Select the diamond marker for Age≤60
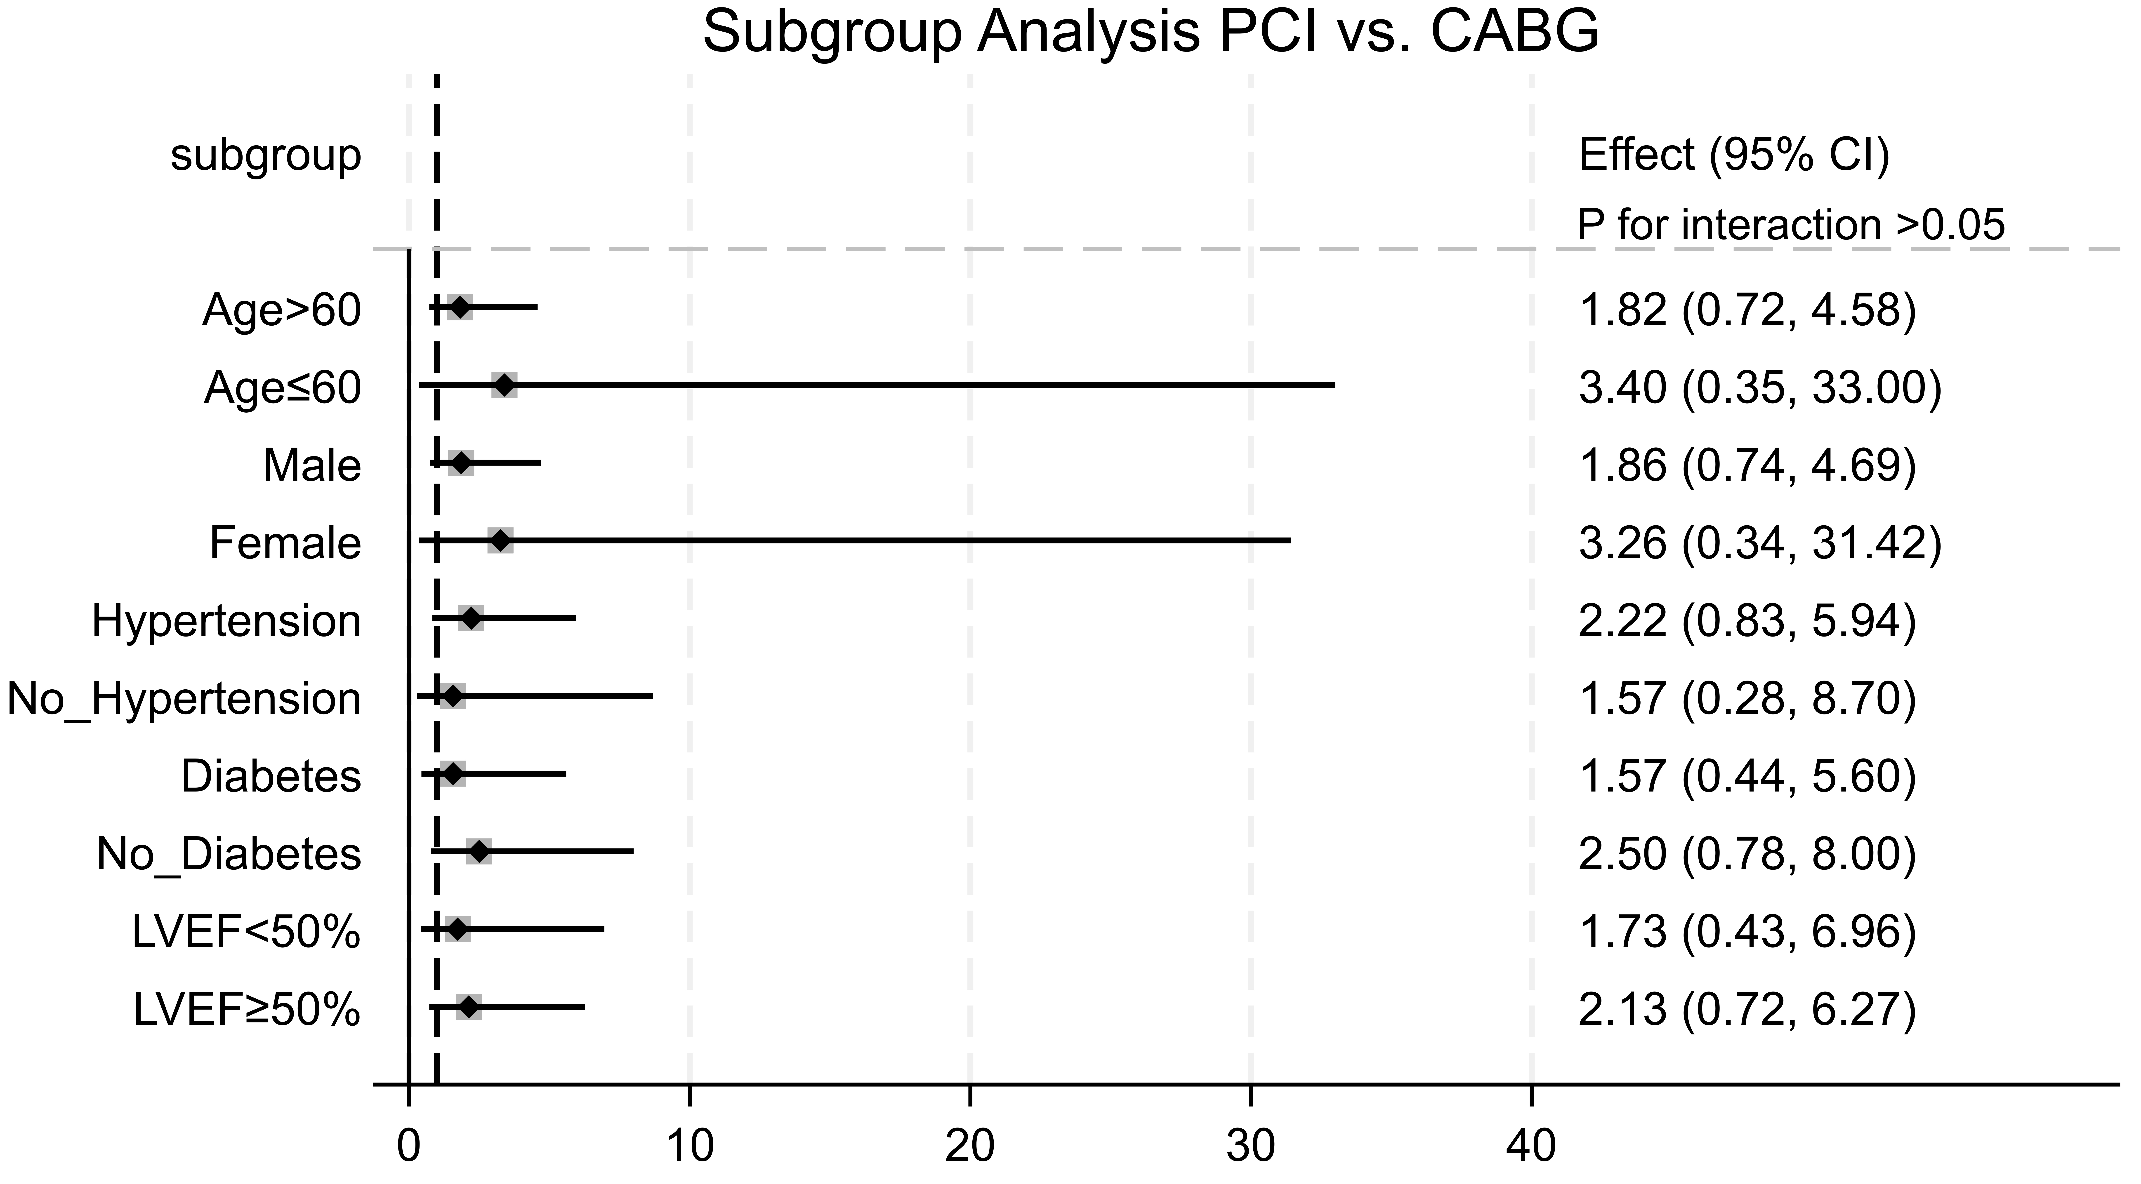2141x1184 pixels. coord(504,385)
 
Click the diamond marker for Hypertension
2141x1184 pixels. coord(471,618)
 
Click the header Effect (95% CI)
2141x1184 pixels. coord(1734,155)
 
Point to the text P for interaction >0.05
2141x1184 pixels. coord(1791,225)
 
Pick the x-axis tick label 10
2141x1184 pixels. coord(689,1147)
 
